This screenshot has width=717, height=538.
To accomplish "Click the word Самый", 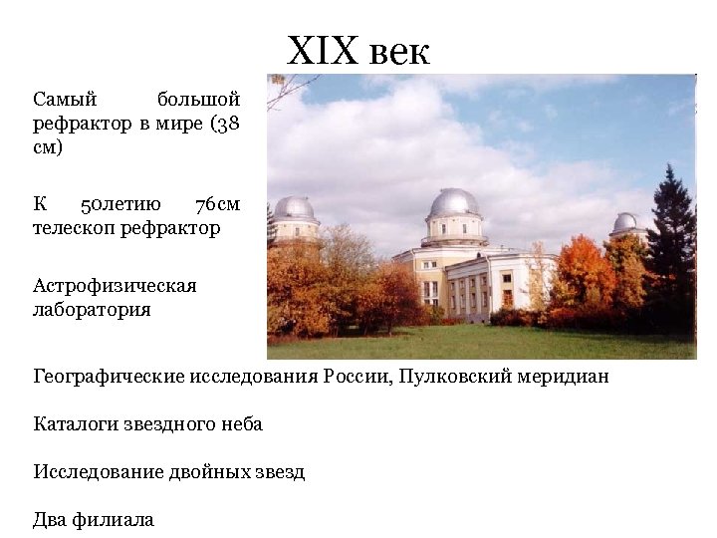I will pyautogui.click(x=65, y=100).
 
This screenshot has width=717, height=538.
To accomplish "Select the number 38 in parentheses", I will pyautogui.click(x=226, y=124).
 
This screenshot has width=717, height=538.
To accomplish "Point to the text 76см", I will pyautogui.click(x=217, y=205).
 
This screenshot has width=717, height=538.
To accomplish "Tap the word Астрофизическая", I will pyautogui.click(x=115, y=286).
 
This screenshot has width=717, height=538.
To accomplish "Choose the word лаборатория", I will pyautogui.click(x=92, y=309).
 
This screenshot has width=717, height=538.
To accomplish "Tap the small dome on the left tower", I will pyautogui.click(x=294, y=208).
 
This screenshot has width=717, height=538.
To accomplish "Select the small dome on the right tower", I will pyautogui.click(x=626, y=223).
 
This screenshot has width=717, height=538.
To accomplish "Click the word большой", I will pyautogui.click(x=198, y=100).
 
